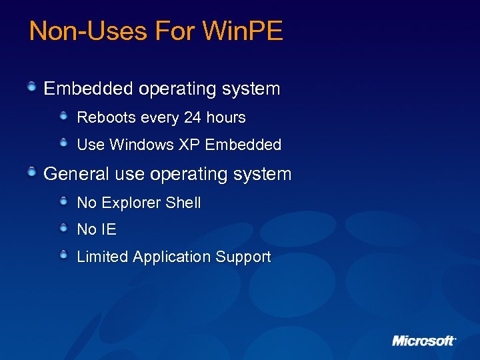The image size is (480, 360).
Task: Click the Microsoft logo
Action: pyautogui.click(x=423, y=341)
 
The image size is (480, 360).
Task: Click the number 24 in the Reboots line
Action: pyautogui.click(x=192, y=118)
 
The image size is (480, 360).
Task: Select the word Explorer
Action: pyautogui.click(x=131, y=203)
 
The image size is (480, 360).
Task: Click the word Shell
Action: pyautogui.click(x=183, y=203)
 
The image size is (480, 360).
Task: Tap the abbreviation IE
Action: pyautogui.click(x=109, y=230)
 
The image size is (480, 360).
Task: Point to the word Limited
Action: pyautogui.click(x=103, y=257)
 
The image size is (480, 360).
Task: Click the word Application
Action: pyautogui.click(x=172, y=257)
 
